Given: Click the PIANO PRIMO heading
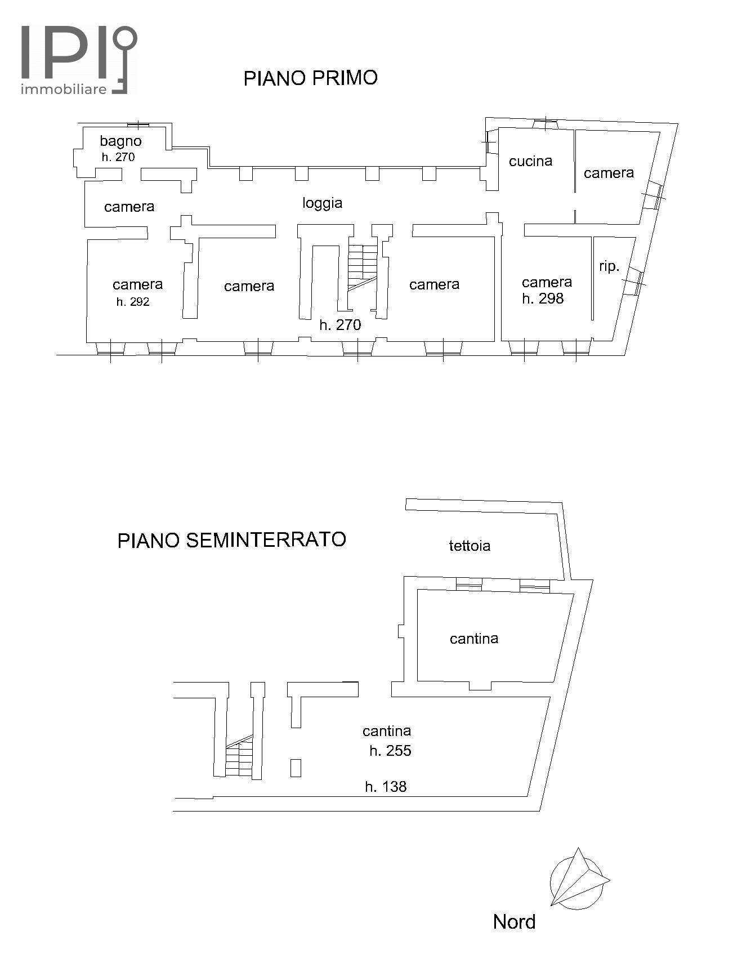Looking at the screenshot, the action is tap(310, 78).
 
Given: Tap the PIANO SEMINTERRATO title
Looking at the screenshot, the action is tap(231, 540).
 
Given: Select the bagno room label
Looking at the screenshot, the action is tap(120, 141).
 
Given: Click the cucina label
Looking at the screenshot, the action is tap(530, 162).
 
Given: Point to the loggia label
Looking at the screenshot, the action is tap(323, 203).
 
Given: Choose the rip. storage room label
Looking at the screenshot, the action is tap(609, 266).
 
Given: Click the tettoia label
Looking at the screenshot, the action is tap(470, 546).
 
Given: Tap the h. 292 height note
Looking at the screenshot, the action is tap(133, 302).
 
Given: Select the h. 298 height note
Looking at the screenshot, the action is tap(543, 298).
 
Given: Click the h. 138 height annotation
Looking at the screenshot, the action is tap(386, 787).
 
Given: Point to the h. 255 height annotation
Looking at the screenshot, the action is tap(390, 751).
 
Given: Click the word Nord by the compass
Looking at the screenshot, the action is tap(514, 922).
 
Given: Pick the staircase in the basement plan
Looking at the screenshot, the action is tap(239, 757).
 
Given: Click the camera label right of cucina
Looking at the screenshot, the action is tap(609, 173).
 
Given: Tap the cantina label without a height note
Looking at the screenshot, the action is tap(474, 639).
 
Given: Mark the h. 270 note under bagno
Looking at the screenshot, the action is tap(118, 157).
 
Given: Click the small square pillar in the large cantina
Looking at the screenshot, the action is tap(296, 768).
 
